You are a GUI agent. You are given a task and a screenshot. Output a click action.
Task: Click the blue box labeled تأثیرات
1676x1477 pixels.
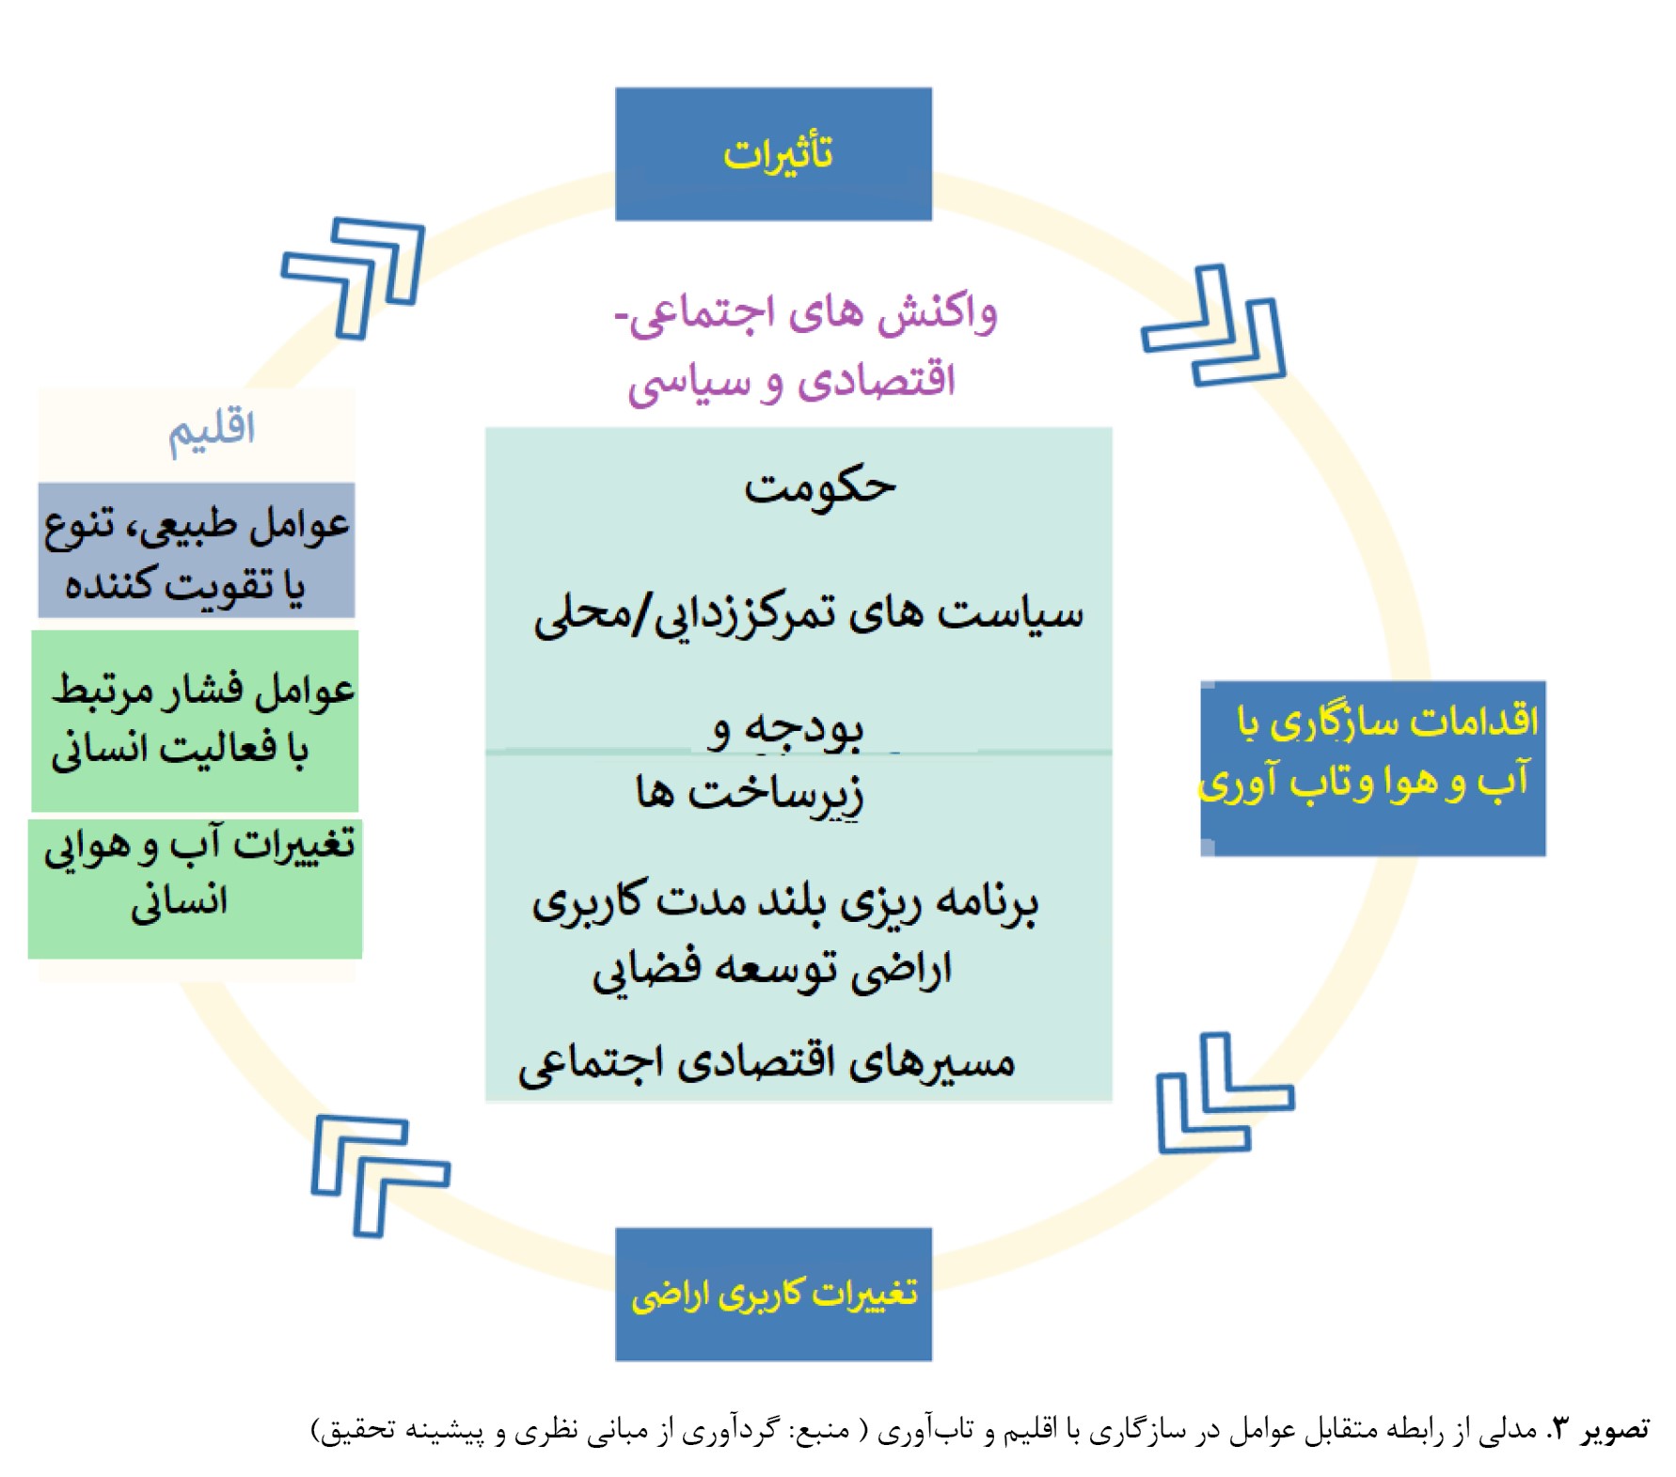pos(773,154)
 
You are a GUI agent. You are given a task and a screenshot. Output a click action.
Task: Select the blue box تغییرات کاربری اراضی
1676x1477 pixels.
pos(773,1294)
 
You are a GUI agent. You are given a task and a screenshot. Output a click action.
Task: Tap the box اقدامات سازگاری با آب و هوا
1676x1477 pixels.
pos(1372,769)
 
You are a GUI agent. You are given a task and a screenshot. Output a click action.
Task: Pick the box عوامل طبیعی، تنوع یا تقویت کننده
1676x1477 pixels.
pos(197,550)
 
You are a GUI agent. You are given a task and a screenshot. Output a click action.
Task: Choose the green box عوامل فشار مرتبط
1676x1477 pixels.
pos(195,721)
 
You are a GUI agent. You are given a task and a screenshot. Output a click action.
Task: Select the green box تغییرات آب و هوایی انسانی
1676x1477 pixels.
pos(195,889)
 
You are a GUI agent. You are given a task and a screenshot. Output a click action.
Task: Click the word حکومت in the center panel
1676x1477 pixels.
pos(819,488)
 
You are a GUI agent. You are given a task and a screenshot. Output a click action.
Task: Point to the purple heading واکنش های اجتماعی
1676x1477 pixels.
pos(806,313)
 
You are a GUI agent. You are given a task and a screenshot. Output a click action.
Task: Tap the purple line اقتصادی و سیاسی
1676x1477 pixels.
pos(792,382)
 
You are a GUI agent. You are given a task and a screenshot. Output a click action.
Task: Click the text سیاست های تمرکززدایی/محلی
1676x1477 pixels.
pos(809,616)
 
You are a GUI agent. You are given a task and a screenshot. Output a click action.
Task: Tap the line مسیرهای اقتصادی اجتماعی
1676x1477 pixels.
pos(767,1064)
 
